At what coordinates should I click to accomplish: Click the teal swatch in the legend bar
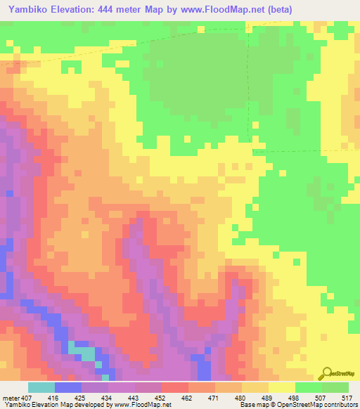[x=41, y=387]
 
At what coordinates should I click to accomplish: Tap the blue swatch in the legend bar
[x=68, y=387]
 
